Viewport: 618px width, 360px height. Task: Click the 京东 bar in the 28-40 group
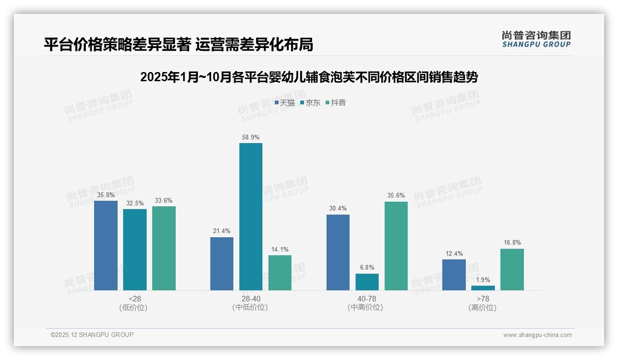pos(250,216)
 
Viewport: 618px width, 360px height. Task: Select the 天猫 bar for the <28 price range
pos(106,246)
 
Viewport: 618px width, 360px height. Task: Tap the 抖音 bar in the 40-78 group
pos(396,246)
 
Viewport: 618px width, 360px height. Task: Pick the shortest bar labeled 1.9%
pos(483,288)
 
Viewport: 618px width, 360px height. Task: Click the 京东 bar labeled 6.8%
pos(367,282)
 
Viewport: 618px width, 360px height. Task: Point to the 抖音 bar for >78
pos(512,270)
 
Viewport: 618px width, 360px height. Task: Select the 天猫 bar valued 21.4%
pos(222,264)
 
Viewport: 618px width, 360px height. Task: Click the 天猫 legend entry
pos(285,103)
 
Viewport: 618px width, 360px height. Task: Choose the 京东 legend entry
pos(310,103)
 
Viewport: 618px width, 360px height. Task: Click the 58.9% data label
pos(250,137)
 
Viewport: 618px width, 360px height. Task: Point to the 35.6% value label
pos(396,196)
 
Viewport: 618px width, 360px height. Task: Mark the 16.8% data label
pos(512,243)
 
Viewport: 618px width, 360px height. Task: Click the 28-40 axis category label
pos(250,299)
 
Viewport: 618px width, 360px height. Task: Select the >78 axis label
pos(483,299)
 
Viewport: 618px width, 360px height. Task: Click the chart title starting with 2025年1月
pos(309,77)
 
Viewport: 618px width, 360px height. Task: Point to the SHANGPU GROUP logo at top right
pos(536,39)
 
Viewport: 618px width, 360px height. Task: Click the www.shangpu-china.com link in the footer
pos(537,335)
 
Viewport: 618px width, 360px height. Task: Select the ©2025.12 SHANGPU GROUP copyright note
pos(92,335)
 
